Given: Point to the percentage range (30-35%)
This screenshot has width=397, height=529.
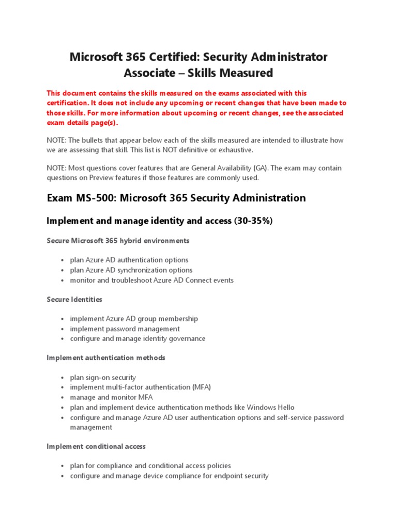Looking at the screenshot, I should (253, 221).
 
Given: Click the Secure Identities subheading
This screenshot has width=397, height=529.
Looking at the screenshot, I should (74, 299).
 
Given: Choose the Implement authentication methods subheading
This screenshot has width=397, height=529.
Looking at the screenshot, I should (106, 357).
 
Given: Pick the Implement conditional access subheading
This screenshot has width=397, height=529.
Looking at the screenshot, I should (96, 446).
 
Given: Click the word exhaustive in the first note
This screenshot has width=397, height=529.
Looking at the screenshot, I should (236, 150).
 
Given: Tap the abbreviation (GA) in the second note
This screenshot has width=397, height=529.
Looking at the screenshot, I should (304, 168).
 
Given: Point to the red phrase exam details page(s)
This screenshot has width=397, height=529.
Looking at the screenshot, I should (82, 122).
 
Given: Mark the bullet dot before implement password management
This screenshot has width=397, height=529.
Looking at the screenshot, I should (62, 329).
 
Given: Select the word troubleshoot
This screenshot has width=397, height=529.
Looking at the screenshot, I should (129, 280).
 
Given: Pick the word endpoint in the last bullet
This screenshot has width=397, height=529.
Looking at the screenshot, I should (228, 476).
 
